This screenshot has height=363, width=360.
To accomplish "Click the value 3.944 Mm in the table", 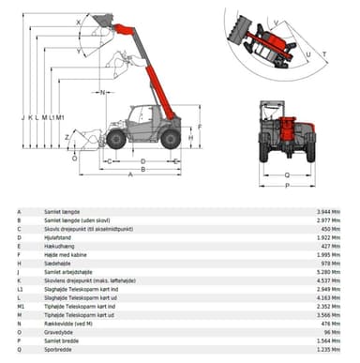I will [329, 212].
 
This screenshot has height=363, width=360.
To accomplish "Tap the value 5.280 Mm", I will [329, 271].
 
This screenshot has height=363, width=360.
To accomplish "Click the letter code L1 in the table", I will [19, 288].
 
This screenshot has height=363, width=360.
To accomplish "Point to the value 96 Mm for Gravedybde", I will [332, 331].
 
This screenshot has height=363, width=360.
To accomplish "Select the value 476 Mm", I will [331, 323].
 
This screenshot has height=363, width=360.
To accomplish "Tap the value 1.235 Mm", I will [329, 348].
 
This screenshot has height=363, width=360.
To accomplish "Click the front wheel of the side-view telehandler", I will [116, 139].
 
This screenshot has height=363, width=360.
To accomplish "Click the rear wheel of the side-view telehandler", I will [170, 139].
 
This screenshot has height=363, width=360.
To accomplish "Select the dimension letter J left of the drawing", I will [22, 118].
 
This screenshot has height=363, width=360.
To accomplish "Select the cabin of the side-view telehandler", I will [141, 120].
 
